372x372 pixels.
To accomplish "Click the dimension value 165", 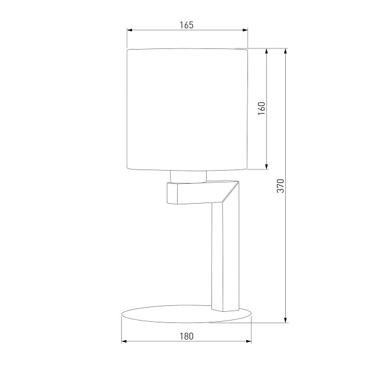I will coord(187,25).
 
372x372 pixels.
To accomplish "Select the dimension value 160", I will coord(262,109).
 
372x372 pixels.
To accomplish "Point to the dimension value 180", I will coord(186,336).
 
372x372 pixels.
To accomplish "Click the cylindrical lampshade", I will coord(187,109).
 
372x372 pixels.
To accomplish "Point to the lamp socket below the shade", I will coord(188,176).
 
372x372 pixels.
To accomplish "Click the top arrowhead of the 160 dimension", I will coord(267,52).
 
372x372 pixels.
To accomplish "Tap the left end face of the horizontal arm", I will coord(172,194).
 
